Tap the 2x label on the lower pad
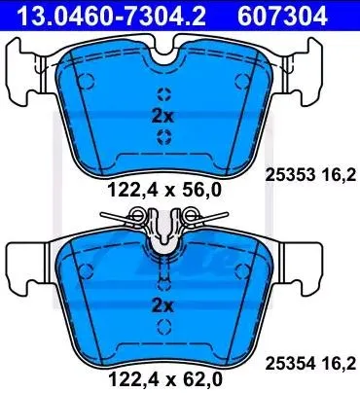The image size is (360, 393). (162, 305)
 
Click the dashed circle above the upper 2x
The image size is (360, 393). (162, 93)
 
